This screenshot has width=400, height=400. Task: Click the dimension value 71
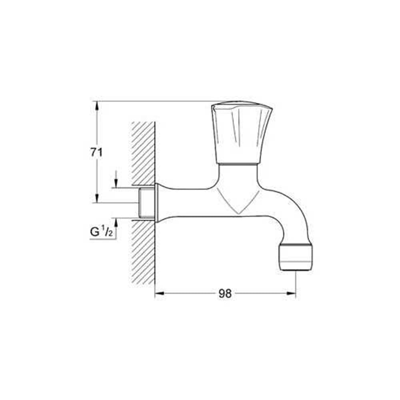pos(96,152)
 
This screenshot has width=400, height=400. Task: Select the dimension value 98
pos(225,294)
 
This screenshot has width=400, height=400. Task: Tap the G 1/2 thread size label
pos(102,232)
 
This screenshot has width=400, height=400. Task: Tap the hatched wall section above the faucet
pos(143,152)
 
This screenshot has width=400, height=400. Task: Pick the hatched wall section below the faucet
pos(143,252)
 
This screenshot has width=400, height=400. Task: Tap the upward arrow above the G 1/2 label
pos(116,222)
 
